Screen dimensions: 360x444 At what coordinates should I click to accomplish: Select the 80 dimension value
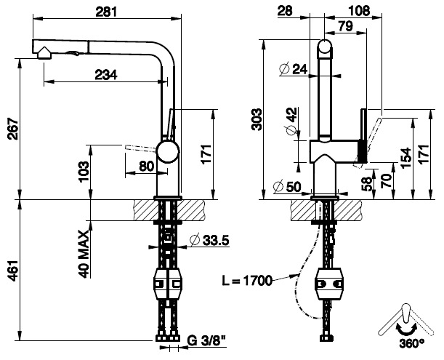point(146,165)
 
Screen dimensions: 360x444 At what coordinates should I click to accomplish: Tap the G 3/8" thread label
point(205,340)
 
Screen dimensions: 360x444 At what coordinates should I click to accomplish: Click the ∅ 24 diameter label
point(293,69)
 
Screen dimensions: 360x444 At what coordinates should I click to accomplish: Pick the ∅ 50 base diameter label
point(287,186)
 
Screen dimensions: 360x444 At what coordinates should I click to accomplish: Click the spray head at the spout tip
point(44,49)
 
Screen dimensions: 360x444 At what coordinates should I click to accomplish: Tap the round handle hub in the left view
point(168,152)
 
